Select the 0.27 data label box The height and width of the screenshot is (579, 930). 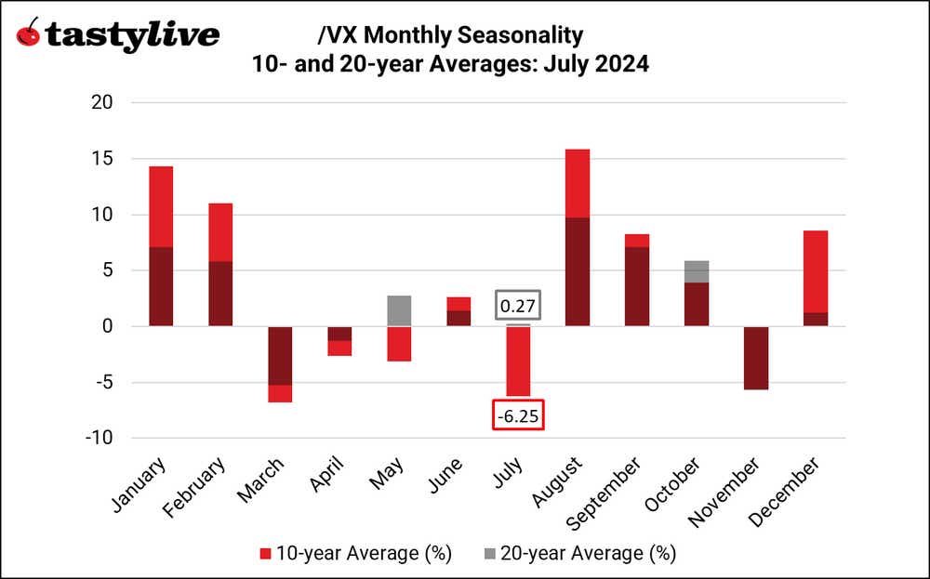518,307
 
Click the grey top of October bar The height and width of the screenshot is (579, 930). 697,271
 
